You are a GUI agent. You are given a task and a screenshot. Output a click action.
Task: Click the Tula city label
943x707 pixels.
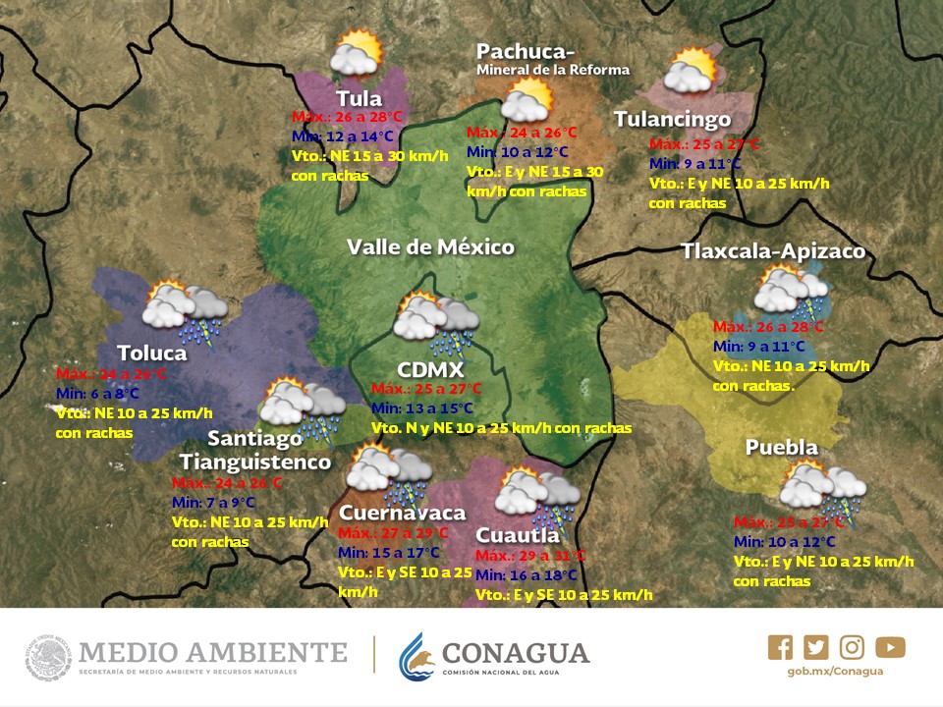pos(359,99)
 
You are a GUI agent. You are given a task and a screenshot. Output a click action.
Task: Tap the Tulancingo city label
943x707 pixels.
pos(672,119)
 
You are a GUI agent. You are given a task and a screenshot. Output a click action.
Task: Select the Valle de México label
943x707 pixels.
pos(430,246)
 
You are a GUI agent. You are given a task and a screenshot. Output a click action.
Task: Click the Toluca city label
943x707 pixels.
pos(151,353)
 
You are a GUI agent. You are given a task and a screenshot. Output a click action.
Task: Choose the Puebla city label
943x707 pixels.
pos(781,448)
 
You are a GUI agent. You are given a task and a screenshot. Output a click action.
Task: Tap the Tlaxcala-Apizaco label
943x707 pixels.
pos(773,251)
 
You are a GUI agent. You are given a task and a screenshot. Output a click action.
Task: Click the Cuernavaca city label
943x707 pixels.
pos(402,513)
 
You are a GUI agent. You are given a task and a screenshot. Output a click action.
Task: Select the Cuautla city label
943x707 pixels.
pos(518,535)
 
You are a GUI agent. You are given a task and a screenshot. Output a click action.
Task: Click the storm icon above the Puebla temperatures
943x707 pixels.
pos(822,488)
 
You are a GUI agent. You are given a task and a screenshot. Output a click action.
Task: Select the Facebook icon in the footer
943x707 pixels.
pos(780,647)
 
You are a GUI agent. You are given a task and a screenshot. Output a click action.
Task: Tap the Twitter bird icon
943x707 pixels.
pos(816,647)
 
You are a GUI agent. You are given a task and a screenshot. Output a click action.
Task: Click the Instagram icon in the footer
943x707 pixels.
pos(853,647)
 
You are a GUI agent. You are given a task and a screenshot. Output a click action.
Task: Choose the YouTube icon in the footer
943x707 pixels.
pos(890,647)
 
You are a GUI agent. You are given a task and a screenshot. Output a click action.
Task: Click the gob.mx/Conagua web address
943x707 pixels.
pos(835,671)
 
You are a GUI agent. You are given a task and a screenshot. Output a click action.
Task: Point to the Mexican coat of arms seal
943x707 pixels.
pos(49,656)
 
